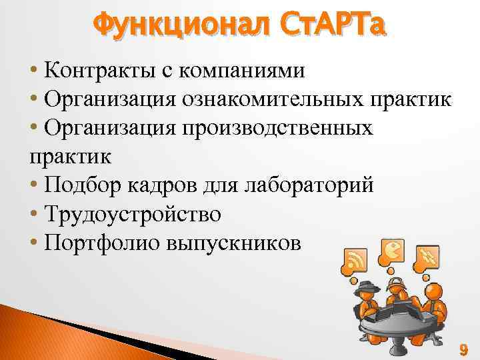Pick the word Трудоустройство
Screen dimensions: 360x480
point(133,214)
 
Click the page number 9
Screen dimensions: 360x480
point(463,349)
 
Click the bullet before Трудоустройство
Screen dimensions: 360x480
point(33,215)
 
